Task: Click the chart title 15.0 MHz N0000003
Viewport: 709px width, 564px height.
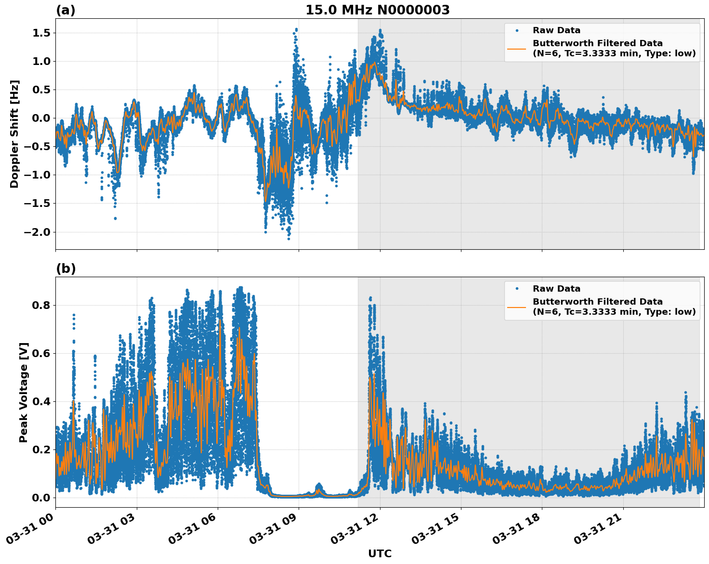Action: tap(378, 10)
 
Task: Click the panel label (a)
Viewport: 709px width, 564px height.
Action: tap(66, 10)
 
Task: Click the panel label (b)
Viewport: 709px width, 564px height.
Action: tap(66, 269)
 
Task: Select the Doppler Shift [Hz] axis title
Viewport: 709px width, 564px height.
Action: tap(14, 134)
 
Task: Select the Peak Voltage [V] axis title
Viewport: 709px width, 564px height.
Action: tap(24, 392)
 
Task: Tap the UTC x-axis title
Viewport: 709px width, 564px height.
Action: tap(380, 554)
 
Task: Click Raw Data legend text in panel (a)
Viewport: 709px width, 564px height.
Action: tap(556, 30)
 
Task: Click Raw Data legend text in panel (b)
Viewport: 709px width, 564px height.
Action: tap(556, 289)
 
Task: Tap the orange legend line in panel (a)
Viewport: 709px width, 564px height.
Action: tap(517, 48)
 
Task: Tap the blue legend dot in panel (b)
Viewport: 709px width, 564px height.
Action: tap(517, 289)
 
